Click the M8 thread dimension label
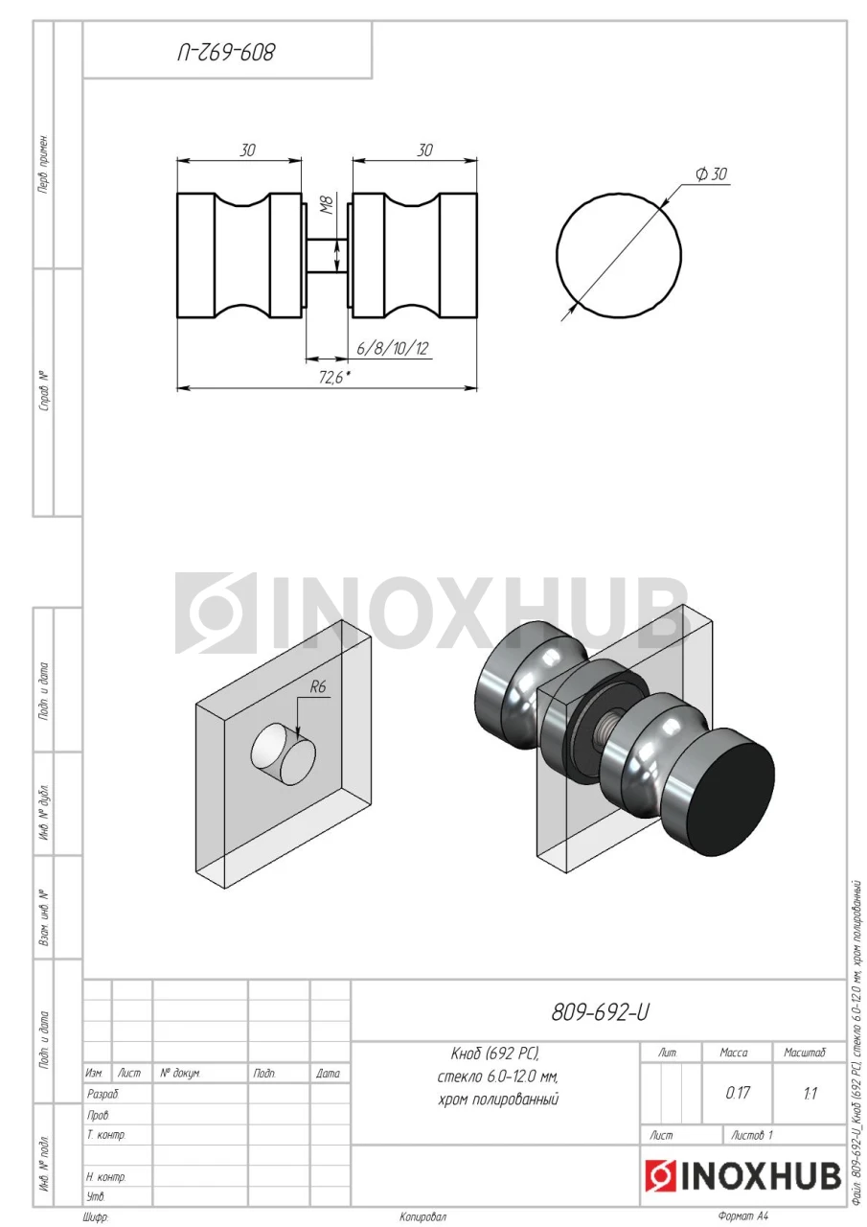point(328,205)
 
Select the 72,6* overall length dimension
point(334,378)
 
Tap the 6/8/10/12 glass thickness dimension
point(392,348)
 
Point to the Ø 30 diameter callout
point(711,174)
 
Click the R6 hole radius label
point(318,686)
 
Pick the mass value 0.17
point(738,1093)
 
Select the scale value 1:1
point(810,1094)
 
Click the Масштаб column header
point(804,1053)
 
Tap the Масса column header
point(734,1053)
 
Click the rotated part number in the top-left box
point(226,53)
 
